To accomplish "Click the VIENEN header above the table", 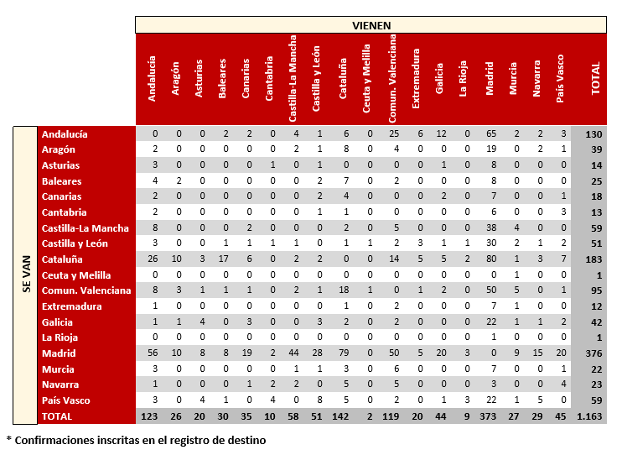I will [371, 25].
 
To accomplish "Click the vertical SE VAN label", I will [25, 275].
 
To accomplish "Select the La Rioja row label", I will [62, 337].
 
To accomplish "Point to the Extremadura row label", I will [71, 306].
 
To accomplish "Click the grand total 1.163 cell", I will [594, 416].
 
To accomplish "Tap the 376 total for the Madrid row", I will [594, 353].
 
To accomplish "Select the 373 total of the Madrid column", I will [490, 416].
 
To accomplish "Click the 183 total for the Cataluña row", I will [594, 259].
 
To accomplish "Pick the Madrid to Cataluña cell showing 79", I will [344, 353].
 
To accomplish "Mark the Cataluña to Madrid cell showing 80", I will [490, 259].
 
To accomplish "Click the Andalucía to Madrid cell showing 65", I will [490, 134].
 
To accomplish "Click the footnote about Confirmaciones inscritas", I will [136, 439].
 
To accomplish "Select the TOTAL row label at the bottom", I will [58, 416].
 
